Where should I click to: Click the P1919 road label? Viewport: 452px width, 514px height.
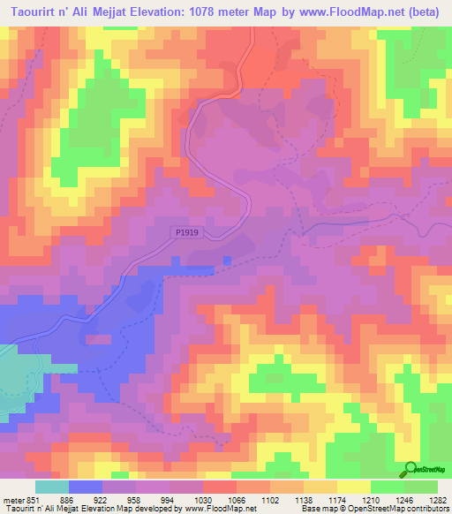click(x=186, y=232)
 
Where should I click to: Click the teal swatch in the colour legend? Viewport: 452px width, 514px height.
click(x=51, y=486)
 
